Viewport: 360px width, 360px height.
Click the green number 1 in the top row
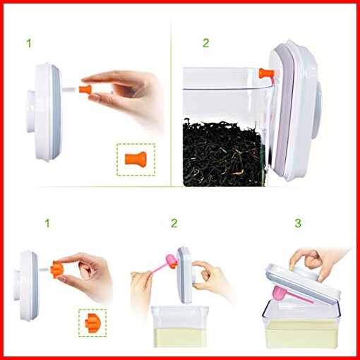click(x=29, y=44)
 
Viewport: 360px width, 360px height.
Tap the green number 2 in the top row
click(x=205, y=43)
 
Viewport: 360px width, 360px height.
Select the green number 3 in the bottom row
click(x=298, y=223)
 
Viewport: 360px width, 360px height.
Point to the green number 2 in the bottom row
click(x=174, y=223)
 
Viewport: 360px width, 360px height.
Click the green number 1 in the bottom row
click(x=47, y=223)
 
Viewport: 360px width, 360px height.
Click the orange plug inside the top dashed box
click(x=136, y=160)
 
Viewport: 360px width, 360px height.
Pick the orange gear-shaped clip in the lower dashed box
click(x=92, y=323)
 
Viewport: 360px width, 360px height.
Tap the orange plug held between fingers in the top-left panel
click(x=85, y=90)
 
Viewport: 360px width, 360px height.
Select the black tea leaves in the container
click(x=224, y=153)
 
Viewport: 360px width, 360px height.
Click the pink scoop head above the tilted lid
click(x=172, y=260)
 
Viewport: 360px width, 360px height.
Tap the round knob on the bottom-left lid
click(x=17, y=285)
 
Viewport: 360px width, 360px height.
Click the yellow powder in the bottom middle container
click(x=179, y=337)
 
